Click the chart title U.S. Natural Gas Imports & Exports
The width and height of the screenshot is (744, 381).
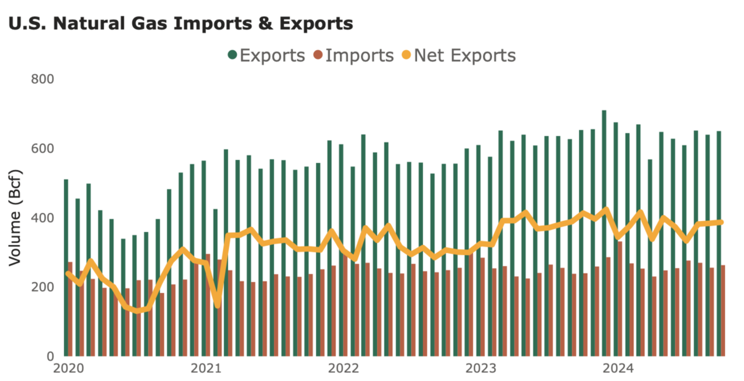click(x=180, y=23)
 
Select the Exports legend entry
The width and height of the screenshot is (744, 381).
click(x=272, y=55)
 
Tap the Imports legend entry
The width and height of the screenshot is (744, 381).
click(x=360, y=55)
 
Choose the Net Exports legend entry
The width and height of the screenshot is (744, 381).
click(x=464, y=55)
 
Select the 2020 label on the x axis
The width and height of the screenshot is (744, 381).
click(x=67, y=368)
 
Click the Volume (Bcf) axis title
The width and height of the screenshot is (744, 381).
click(x=15, y=217)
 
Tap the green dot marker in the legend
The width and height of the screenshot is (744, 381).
click(x=232, y=55)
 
